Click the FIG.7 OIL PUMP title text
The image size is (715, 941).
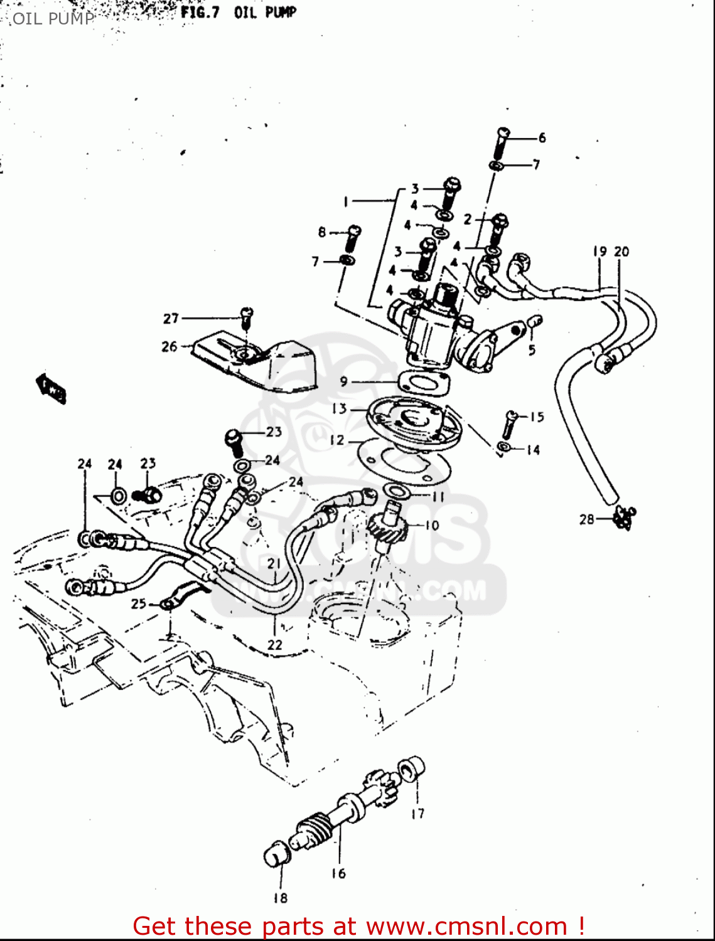pos(238,13)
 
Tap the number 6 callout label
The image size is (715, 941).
pos(542,137)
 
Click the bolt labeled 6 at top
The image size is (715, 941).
pos(502,143)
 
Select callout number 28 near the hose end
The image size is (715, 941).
pos(586,519)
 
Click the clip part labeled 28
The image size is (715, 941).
pos(625,517)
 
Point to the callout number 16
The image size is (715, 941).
pos(338,873)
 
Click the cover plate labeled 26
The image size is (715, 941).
pos(254,363)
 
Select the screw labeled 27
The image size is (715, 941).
pos(246,316)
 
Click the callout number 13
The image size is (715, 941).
pos(339,408)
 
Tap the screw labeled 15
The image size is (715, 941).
pos(509,423)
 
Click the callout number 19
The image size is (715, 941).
pos(599,252)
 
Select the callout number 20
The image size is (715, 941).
pos(621,252)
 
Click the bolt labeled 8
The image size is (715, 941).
pos(353,238)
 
